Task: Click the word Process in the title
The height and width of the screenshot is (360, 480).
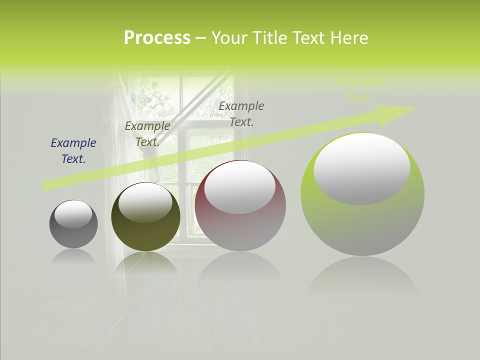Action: (157, 37)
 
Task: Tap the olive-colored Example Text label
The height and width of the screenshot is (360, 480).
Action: (147, 134)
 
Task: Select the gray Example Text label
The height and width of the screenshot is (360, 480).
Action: (241, 113)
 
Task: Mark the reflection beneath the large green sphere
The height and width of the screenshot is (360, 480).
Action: (363, 277)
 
